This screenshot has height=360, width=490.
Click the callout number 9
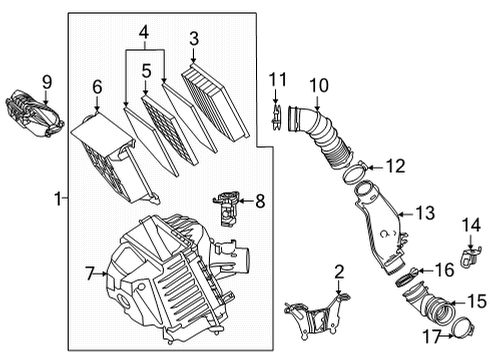pos(45,80)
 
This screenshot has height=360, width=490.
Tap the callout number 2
pos(339,271)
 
